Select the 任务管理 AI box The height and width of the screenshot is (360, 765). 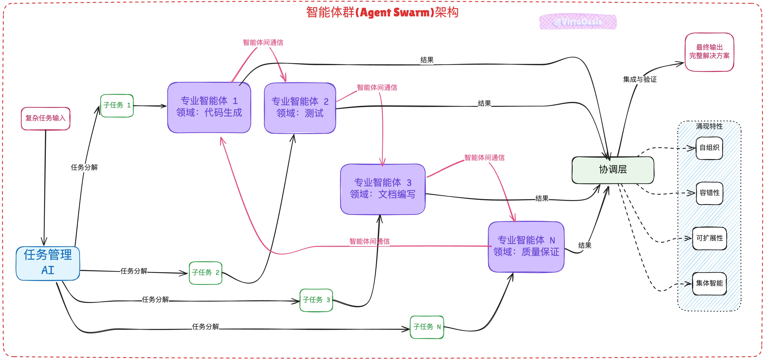pyautogui.click(x=48, y=263)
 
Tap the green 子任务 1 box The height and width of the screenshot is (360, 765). pyautogui.click(x=117, y=106)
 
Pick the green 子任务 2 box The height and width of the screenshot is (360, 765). pyautogui.click(x=205, y=273)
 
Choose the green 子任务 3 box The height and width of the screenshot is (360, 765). pyautogui.click(x=316, y=300)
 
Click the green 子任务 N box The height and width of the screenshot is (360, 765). pyautogui.click(x=427, y=327)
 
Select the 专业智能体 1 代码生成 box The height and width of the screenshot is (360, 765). pyautogui.click(x=209, y=107)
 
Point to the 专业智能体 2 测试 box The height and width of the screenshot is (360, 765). pyautogui.click(x=300, y=108)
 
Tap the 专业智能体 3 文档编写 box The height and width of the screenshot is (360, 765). pyautogui.click(x=383, y=189)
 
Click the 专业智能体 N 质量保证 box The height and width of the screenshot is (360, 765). pyautogui.click(x=526, y=247)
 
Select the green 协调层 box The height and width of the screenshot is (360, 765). pyautogui.click(x=613, y=170)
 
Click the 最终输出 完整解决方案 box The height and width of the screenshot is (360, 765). pyautogui.click(x=709, y=52)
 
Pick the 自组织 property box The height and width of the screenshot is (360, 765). pyautogui.click(x=709, y=148)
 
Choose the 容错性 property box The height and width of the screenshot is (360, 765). pyautogui.click(x=709, y=193)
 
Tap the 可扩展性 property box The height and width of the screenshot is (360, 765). pyautogui.click(x=709, y=238)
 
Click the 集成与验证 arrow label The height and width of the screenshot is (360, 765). pyautogui.click(x=640, y=80)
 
